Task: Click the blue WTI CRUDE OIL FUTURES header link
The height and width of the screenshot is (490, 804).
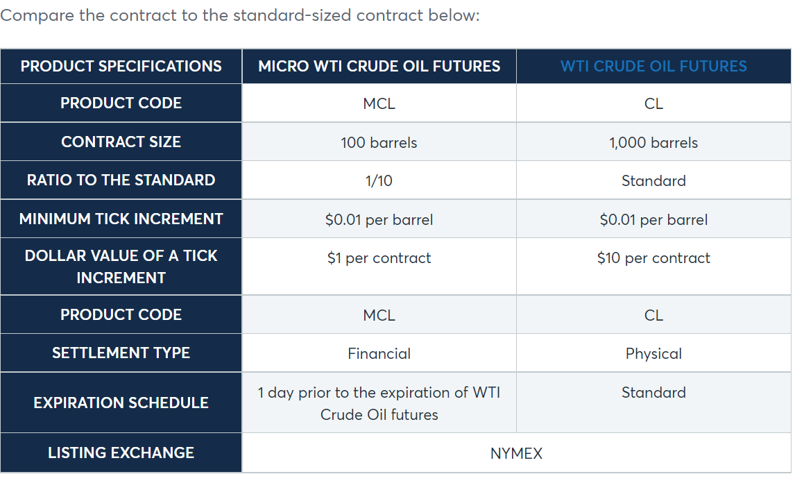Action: point(653,66)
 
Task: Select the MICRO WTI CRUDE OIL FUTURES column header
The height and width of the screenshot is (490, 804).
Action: point(379,66)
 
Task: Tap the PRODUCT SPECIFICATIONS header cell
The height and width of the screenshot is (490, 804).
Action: point(121,66)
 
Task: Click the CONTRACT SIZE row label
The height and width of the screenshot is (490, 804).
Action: point(121,142)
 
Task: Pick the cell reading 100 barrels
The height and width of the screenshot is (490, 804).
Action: point(379,142)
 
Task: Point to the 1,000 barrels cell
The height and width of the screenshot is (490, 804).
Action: point(653,142)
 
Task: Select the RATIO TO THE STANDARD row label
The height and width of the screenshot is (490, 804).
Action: point(121,180)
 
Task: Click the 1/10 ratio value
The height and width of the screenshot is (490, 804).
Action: point(379,180)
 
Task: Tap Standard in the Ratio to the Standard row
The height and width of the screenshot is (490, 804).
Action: point(653,180)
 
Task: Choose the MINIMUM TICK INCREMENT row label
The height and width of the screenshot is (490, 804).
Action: point(121,219)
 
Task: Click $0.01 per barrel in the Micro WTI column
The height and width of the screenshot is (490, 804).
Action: point(379,219)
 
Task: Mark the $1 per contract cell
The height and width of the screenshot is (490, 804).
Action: point(379,257)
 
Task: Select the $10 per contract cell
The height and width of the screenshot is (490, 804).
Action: point(653,257)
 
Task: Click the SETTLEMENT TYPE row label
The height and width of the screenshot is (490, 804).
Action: point(121,353)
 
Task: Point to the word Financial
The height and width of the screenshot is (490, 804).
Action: point(379,353)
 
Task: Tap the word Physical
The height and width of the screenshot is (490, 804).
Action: point(653,353)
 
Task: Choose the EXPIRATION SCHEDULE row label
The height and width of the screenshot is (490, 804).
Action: point(121,403)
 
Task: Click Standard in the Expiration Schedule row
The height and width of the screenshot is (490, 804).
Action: point(653,393)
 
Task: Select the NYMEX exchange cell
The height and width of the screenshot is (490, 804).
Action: point(516,453)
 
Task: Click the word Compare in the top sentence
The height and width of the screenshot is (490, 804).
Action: point(37,15)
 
